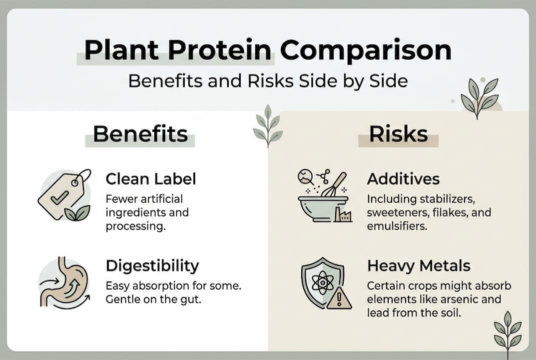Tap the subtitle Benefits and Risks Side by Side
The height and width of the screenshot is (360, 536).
pyautogui.click(x=268, y=80)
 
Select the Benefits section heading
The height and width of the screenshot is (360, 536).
pyautogui.click(x=140, y=133)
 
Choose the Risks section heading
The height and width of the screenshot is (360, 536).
pyautogui.click(x=398, y=133)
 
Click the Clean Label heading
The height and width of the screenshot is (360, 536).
pyautogui.click(x=151, y=178)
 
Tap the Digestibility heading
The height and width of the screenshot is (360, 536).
pyautogui.click(x=152, y=265)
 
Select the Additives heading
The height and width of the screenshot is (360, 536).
pyautogui.click(x=403, y=178)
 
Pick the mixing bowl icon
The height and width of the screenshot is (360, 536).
pyautogui.click(x=323, y=207)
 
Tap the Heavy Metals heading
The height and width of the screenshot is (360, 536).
pyautogui.click(x=419, y=265)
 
